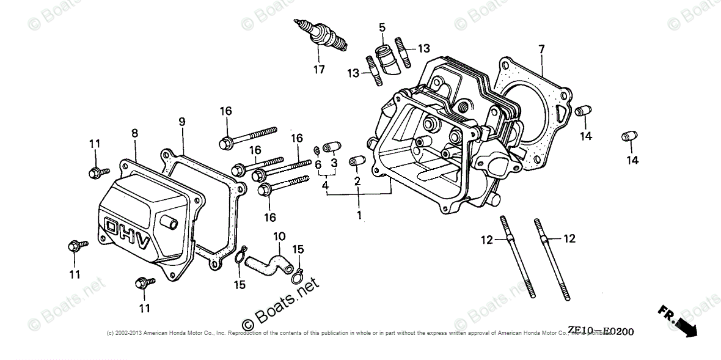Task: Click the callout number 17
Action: (319, 70)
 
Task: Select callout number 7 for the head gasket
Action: (541, 49)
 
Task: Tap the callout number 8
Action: (134, 133)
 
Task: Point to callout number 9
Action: (182, 122)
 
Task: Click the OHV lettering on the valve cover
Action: (127, 233)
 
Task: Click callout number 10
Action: (279, 236)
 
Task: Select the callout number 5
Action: (382, 27)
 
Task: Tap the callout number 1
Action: (359, 215)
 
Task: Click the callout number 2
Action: (357, 181)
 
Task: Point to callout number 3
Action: (334, 163)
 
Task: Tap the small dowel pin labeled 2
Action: (356, 161)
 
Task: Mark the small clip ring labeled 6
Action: (316, 150)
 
